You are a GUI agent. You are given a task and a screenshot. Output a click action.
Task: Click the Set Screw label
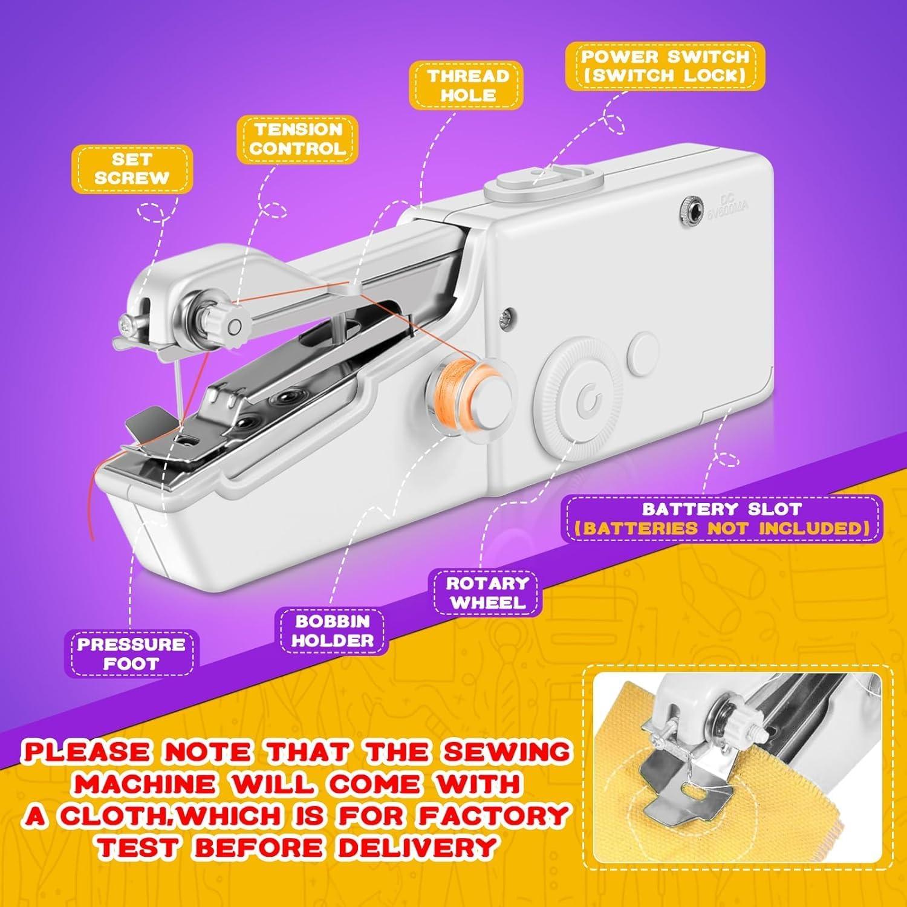pos(132,169)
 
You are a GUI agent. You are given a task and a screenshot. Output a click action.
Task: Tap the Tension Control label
pos(297,138)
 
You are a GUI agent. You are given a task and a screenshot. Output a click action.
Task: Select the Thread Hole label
pos(466,85)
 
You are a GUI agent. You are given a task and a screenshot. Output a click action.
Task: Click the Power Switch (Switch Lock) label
pos(665,66)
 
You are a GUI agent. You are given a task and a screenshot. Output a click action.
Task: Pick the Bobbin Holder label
pos(332,631)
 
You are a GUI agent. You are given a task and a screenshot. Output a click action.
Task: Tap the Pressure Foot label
pos(131,653)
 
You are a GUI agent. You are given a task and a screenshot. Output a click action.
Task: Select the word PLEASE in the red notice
pos(90,752)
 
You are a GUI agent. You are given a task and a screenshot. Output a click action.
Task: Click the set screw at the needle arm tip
pos(126,325)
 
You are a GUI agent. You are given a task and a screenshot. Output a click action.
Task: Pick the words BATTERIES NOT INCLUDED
pos(721,528)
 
